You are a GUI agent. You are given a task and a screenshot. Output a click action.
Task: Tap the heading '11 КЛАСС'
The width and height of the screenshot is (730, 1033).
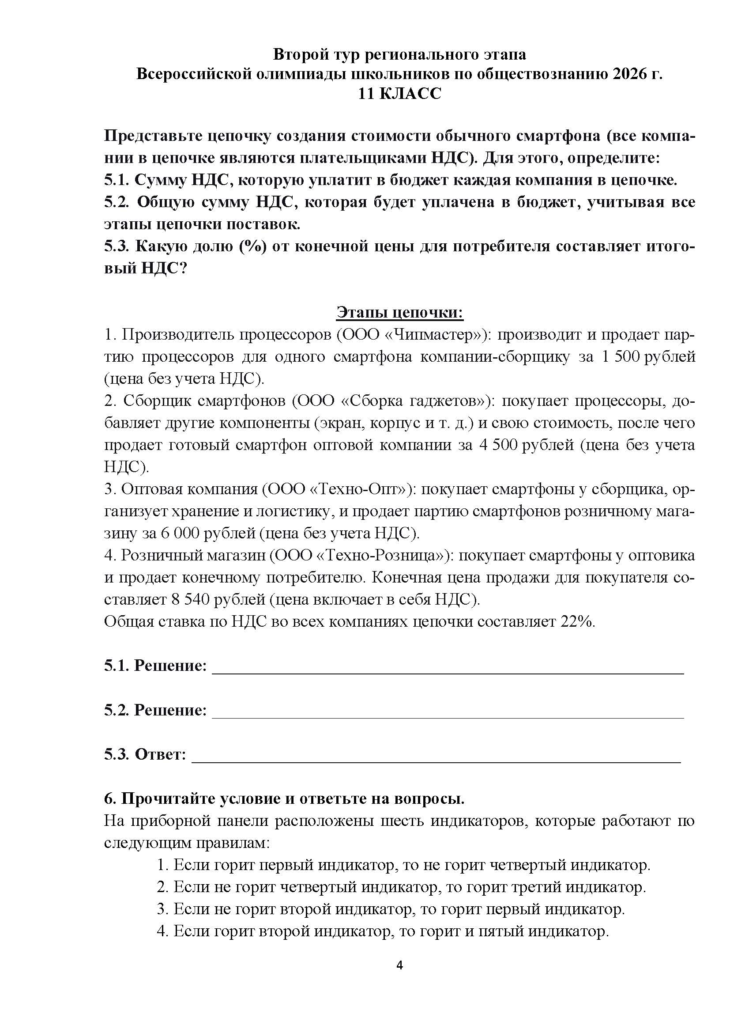point(399,94)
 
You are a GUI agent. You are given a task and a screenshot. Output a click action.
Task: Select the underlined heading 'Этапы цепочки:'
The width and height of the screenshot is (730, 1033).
point(399,312)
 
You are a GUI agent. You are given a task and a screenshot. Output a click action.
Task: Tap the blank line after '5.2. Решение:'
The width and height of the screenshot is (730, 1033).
point(447,716)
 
